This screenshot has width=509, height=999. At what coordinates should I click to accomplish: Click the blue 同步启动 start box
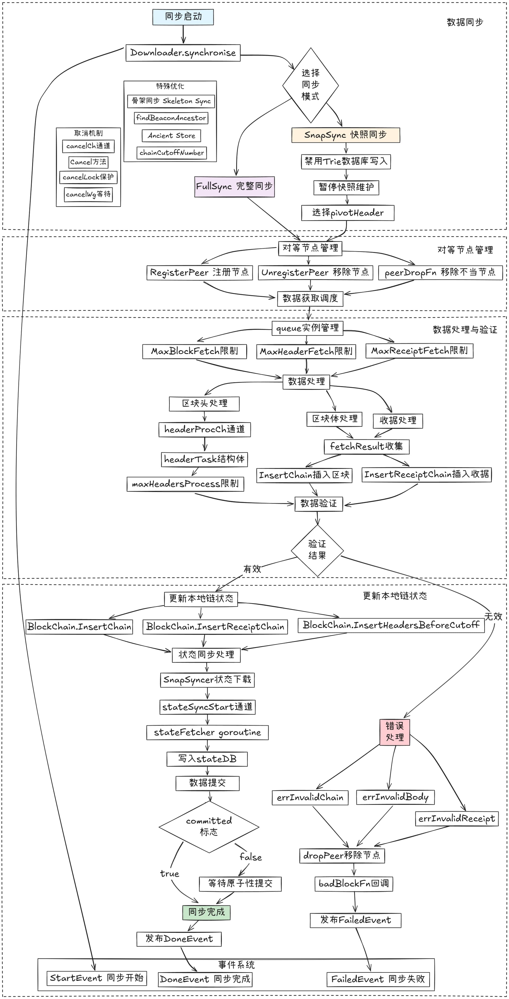[x=183, y=17]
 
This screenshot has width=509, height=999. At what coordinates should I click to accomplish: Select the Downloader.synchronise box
[x=183, y=53]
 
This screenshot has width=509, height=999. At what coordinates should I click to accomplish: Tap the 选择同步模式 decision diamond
[x=310, y=85]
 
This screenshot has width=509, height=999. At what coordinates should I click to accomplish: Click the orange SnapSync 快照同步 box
[x=345, y=135]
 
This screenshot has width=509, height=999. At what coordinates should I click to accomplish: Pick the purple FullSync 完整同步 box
[x=235, y=186]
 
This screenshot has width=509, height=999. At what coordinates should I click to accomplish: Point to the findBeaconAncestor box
[x=171, y=118]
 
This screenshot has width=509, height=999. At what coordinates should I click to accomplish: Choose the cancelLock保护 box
[x=88, y=177]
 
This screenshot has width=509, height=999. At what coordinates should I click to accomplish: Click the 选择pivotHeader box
[x=348, y=213]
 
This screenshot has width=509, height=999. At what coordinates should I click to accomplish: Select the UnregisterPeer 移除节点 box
[x=315, y=273]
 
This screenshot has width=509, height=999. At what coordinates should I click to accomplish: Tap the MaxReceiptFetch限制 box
[x=419, y=351]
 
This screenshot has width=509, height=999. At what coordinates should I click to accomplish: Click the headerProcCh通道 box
[x=205, y=430]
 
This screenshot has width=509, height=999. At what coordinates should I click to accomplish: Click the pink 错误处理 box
[x=395, y=732]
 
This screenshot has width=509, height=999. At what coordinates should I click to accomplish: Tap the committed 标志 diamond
[x=209, y=827]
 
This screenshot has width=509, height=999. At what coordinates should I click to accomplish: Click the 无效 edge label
[x=493, y=616]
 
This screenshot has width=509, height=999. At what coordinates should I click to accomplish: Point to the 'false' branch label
[x=251, y=857]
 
